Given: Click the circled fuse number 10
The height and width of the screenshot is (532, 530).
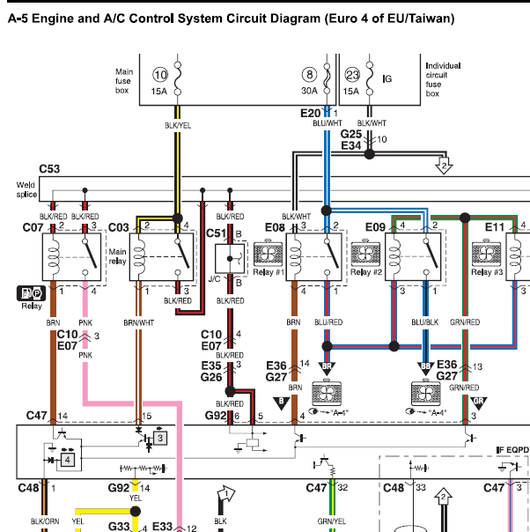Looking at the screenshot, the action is [x=160, y=75].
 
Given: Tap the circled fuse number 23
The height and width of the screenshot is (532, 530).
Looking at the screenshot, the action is [x=352, y=75].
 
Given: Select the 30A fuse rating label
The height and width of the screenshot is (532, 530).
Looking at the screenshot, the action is [x=309, y=91].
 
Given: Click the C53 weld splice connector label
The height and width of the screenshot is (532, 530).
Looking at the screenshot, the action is [x=49, y=168].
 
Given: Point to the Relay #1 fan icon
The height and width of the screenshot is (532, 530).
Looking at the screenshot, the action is [x=268, y=253].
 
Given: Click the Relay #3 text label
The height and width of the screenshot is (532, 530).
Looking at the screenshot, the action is [x=487, y=272].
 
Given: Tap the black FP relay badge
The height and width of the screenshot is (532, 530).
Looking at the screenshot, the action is [x=31, y=293].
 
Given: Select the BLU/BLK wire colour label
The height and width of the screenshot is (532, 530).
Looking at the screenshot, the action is [x=425, y=322].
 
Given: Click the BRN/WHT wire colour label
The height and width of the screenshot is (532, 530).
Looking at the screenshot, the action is [x=139, y=322].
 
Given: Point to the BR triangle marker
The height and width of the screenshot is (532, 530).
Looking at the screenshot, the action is [x=327, y=367].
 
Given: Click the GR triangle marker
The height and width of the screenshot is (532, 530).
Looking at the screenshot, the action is [x=478, y=403].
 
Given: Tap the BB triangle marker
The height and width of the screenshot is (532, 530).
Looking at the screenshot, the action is [x=425, y=367].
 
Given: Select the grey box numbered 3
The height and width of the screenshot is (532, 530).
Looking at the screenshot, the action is [x=160, y=438].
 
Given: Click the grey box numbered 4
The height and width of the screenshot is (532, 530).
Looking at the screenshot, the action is [x=68, y=460].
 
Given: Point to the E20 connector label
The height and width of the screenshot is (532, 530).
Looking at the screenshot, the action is [x=310, y=113].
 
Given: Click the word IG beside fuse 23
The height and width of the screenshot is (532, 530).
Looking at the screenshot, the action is [x=387, y=78].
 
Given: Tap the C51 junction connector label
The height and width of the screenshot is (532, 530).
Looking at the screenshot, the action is [x=216, y=233].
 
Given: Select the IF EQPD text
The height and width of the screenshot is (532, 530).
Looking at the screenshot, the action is [x=512, y=450].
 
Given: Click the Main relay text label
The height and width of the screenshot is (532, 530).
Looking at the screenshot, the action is [x=117, y=256].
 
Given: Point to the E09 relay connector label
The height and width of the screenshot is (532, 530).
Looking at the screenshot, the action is [x=375, y=227].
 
